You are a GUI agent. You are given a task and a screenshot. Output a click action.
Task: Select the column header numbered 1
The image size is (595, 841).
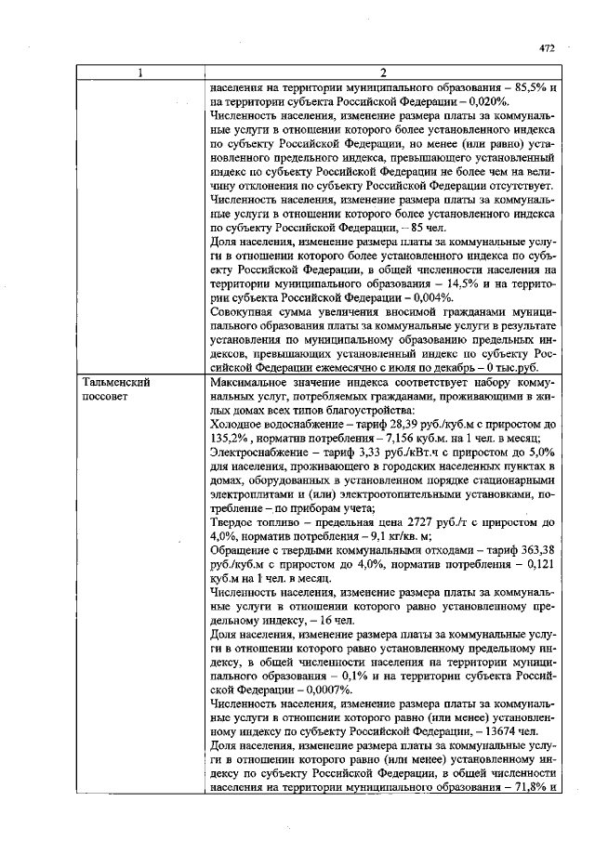pos(139,73)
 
